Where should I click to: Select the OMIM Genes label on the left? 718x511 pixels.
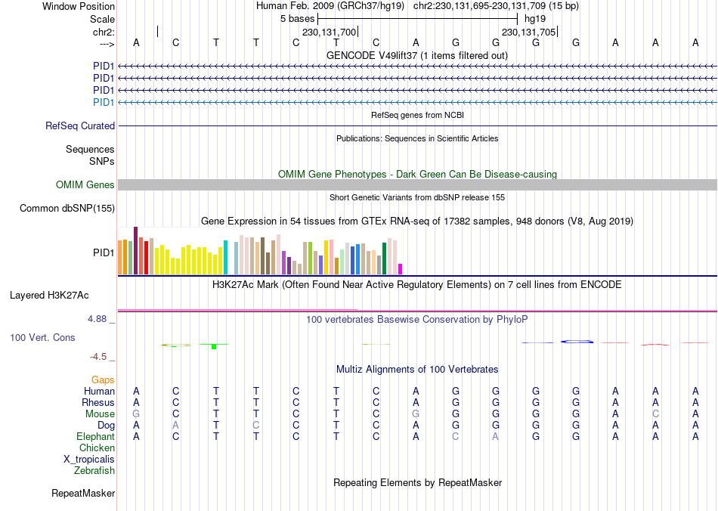pyautogui.click(x=85, y=184)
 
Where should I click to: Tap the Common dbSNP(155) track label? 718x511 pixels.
pyautogui.click(x=67, y=209)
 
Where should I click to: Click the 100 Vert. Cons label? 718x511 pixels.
pyautogui.click(x=42, y=337)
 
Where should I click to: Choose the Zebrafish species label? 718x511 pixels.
pyautogui.click(x=94, y=471)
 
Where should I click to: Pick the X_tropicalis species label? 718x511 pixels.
pyautogui.click(x=89, y=459)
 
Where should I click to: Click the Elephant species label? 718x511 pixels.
pyautogui.click(x=95, y=437)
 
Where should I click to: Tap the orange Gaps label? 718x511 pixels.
pyautogui.click(x=103, y=379)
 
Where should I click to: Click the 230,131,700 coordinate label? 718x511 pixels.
pyautogui.click(x=329, y=32)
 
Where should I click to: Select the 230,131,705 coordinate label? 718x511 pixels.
pyautogui.click(x=528, y=32)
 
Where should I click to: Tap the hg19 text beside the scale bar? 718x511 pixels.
pyautogui.click(x=534, y=17)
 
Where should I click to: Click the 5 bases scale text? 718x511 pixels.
pyautogui.click(x=297, y=17)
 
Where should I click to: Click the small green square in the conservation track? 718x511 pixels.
pyautogui.click(x=214, y=346)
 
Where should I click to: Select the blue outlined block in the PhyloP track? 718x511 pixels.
pyautogui.click(x=577, y=342)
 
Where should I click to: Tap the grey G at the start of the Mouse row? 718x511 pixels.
pyautogui.click(x=136, y=414)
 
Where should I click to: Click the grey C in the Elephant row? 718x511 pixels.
pyautogui.click(x=456, y=437)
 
